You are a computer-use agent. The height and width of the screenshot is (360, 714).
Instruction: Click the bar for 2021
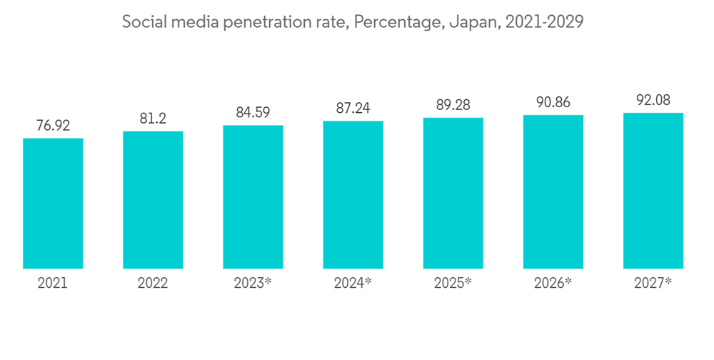point(53,204)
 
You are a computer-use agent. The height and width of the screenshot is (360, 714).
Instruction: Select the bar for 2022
point(153,200)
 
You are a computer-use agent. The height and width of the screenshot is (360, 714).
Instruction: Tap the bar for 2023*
point(253,197)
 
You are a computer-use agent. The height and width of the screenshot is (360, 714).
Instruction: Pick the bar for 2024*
point(353,195)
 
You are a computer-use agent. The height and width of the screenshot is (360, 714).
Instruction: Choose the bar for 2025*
point(453,194)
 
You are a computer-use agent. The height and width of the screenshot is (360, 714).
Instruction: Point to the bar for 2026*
point(553,192)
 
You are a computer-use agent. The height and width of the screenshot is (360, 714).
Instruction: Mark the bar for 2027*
point(653,191)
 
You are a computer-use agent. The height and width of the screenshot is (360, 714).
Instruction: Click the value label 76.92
point(53,125)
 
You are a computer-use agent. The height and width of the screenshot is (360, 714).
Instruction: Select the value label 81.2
point(153,119)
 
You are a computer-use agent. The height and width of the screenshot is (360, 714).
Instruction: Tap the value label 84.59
point(253,112)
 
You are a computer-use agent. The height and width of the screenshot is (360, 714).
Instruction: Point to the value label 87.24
point(353,108)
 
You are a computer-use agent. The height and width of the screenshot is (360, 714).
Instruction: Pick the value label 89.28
point(453,105)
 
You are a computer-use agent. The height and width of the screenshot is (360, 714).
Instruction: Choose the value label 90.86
point(553,102)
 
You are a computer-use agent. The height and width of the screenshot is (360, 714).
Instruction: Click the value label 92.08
point(653,99)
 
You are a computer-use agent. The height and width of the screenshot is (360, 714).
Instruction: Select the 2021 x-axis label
point(53,283)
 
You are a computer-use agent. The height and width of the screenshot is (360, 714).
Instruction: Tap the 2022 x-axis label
point(153,283)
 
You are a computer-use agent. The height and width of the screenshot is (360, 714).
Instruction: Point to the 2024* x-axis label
point(353,283)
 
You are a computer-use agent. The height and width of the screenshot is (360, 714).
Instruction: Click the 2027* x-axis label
point(653,283)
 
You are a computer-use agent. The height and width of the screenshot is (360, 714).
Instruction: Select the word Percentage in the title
point(398,22)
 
